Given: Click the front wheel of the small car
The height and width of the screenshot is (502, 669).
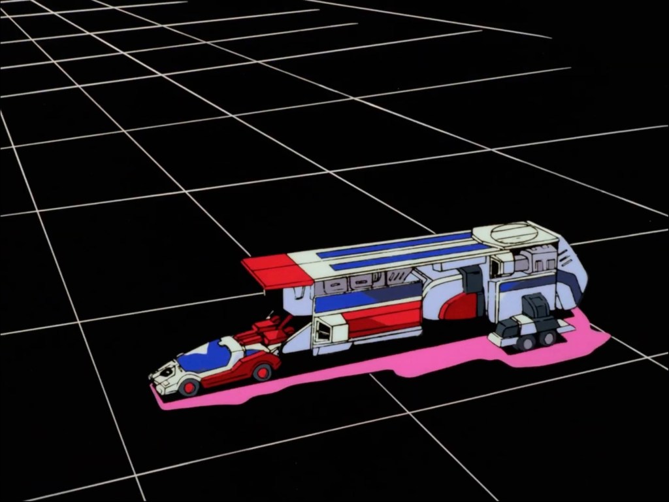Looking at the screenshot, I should tap(189, 388).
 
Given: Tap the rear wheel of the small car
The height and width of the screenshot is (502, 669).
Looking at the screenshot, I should tap(262, 373).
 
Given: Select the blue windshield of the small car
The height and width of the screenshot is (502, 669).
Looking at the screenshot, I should tap(202, 356).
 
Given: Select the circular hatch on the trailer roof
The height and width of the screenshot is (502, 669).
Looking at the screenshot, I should tap(514, 233).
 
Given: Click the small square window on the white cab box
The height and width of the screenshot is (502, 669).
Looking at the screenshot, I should tap(322, 332).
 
